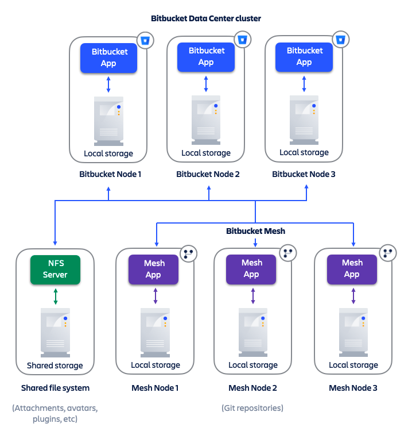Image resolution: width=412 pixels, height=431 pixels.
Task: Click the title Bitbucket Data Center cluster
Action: click(x=206, y=18)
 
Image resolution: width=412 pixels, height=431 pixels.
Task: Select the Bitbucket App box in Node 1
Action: click(x=108, y=57)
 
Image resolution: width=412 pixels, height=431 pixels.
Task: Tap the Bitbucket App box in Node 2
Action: click(x=206, y=56)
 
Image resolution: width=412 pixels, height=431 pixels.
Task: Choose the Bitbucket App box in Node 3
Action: click(x=304, y=56)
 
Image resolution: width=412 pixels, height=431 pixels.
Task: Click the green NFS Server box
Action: click(x=55, y=269)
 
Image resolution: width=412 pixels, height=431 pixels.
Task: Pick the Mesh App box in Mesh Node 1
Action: click(x=154, y=269)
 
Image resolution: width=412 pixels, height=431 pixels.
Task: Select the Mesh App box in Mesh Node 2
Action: click(x=251, y=268)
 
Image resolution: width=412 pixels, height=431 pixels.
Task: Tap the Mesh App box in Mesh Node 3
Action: click(x=352, y=268)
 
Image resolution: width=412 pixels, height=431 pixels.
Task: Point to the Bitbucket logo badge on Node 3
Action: click(x=341, y=40)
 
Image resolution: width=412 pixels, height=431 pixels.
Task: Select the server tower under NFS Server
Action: click(x=55, y=333)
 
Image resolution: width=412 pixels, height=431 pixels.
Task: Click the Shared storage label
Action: click(x=55, y=365)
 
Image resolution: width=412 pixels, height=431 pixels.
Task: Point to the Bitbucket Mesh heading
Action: click(x=255, y=231)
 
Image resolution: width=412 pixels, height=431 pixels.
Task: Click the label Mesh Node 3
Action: click(x=353, y=388)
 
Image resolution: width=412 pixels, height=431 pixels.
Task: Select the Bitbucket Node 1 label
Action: click(x=110, y=174)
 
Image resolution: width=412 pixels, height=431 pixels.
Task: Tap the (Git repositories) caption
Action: click(x=252, y=408)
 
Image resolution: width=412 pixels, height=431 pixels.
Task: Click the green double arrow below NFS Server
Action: click(x=56, y=296)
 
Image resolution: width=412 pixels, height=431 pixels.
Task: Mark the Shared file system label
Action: click(x=55, y=388)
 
